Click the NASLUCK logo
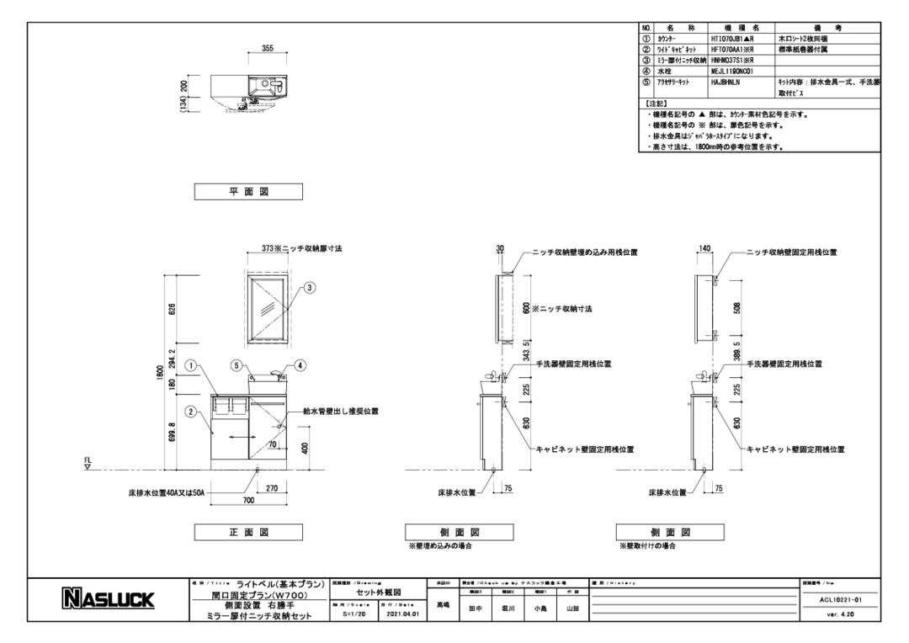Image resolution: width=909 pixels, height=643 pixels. (x=106, y=599)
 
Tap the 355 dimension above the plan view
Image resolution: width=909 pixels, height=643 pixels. (x=267, y=49)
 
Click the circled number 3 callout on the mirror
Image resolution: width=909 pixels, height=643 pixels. (x=310, y=288)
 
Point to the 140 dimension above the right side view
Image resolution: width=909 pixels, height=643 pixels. (x=704, y=250)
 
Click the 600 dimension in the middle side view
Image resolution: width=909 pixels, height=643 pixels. (x=526, y=309)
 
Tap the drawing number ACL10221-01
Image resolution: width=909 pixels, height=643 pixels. (x=839, y=602)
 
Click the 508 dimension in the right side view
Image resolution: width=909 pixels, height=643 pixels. (x=736, y=309)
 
